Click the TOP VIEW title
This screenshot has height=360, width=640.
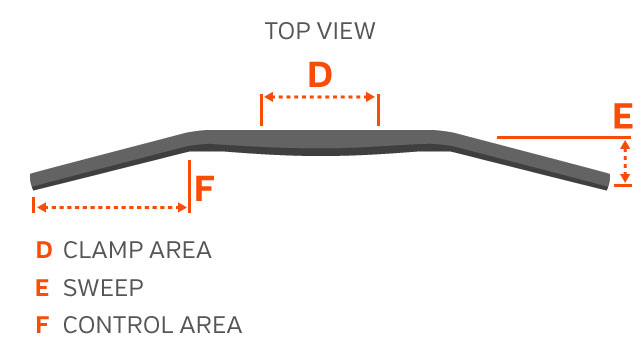pyautogui.click(x=320, y=31)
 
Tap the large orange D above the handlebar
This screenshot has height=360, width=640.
pyautogui.click(x=320, y=75)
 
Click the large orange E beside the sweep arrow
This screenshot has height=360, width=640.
pyautogui.click(x=623, y=116)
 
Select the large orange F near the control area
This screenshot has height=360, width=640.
pyautogui.click(x=204, y=189)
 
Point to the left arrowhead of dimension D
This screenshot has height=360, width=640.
pyautogui.click(x=269, y=97)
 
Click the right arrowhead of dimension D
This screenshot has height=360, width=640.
pyautogui.click(x=370, y=97)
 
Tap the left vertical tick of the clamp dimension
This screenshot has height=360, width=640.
pyautogui.click(x=261, y=110)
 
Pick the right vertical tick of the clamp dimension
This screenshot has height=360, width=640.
pyautogui.click(x=378, y=110)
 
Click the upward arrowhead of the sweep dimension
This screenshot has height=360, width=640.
pyautogui.click(x=625, y=145)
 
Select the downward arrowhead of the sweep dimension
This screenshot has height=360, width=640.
pyautogui.click(x=625, y=178)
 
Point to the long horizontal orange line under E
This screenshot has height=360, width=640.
pyautogui.click(x=564, y=138)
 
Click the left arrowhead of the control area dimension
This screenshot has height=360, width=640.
pyautogui.click(x=42, y=207)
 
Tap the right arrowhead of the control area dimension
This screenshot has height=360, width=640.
pyautogui.click(x=182, y=207)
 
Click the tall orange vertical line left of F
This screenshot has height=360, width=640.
pyautogui.click(x=190, y=186)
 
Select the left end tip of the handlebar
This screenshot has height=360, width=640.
pyautogui.click(x=32, y=182)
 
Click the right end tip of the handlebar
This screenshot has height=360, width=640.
pyautogui.click(x=608, y=182)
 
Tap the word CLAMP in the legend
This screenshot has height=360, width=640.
pyautogui.click(x=102, y=250)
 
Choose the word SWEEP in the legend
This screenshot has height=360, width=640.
pyautogui.click(x=103, y=288)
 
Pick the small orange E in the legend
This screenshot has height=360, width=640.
pyautogui.click(x=42, y=288)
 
